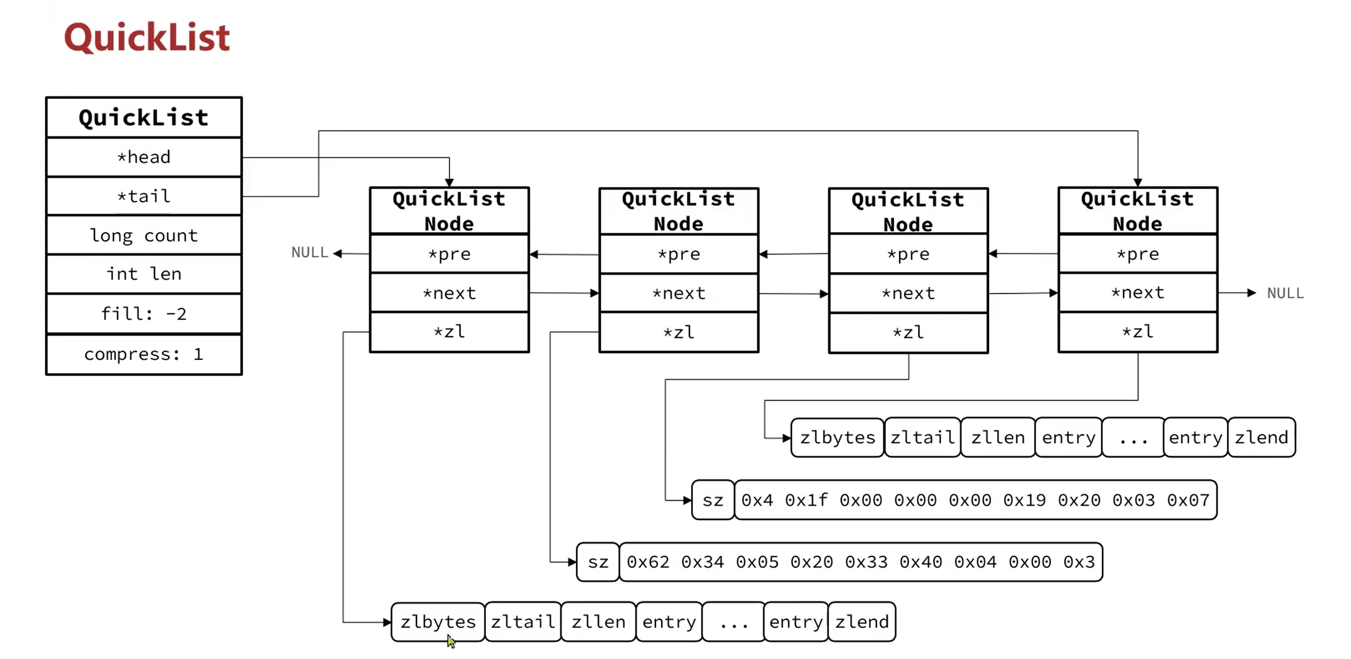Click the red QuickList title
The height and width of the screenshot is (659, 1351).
tap(147, 38)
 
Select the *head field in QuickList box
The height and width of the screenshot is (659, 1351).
tap(144, 157)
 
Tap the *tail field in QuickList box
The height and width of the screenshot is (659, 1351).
tap(144, 197)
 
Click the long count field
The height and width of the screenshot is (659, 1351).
tap(144, 235)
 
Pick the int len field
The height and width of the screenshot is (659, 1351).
tap(144, 274)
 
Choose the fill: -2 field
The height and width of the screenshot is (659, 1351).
tap(144, 314)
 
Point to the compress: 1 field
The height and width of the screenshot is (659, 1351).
tap(144, 354)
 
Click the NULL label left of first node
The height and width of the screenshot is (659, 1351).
tap(309, 252)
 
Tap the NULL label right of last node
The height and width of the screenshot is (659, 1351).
tap(1285, 293)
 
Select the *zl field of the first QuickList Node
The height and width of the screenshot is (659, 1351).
tap(449, 332)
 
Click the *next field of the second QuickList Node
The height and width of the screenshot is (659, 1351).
tap(679, 293)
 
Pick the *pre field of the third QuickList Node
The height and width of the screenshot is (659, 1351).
tap(908, 254)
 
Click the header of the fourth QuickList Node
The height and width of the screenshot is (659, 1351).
tap(1138, 211)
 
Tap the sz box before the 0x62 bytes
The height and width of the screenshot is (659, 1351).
tap(598, 562)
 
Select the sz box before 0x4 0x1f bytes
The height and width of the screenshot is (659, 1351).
tap(712, 500)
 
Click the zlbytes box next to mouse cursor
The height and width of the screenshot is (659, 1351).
tap(438, 621)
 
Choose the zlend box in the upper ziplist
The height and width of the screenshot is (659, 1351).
tap(1261, 437)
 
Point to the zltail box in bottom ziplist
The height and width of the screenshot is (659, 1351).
tap(523, 621)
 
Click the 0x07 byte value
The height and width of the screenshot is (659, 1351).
tap(1188, 500)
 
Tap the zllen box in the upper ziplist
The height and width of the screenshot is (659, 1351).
tap(997, 437)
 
